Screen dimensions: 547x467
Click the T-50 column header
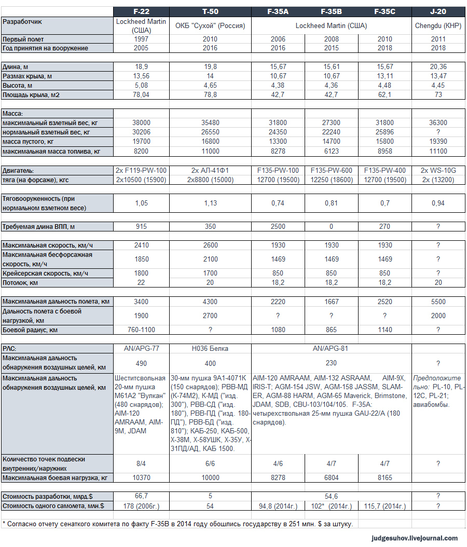(x=210, y=11)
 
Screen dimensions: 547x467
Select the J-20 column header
(x=438, y=11)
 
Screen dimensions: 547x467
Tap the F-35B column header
(x=331, y=11)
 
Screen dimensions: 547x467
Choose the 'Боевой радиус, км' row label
(x=30, y=330)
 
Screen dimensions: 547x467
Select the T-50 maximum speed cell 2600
(x=210, y=244)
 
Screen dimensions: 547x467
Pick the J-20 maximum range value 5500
(x=438, y=302)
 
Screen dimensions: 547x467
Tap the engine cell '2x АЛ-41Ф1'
(x=210, y=171)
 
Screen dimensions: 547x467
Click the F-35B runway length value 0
(x=331, y=227)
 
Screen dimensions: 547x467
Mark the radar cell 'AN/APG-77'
(x=141, y=349)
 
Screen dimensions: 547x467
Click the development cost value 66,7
(x=141, y=497)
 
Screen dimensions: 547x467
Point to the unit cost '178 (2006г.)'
(x=141, y=506)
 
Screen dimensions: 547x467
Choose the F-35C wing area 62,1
(x=384, y=95)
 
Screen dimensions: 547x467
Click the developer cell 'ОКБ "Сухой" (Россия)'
(x=210, y=26)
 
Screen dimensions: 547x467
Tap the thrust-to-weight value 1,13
(x=210, y=203)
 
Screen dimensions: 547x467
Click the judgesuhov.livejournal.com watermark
(x=415, y=538)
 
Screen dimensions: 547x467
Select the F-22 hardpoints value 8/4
(x=141, y=463)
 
